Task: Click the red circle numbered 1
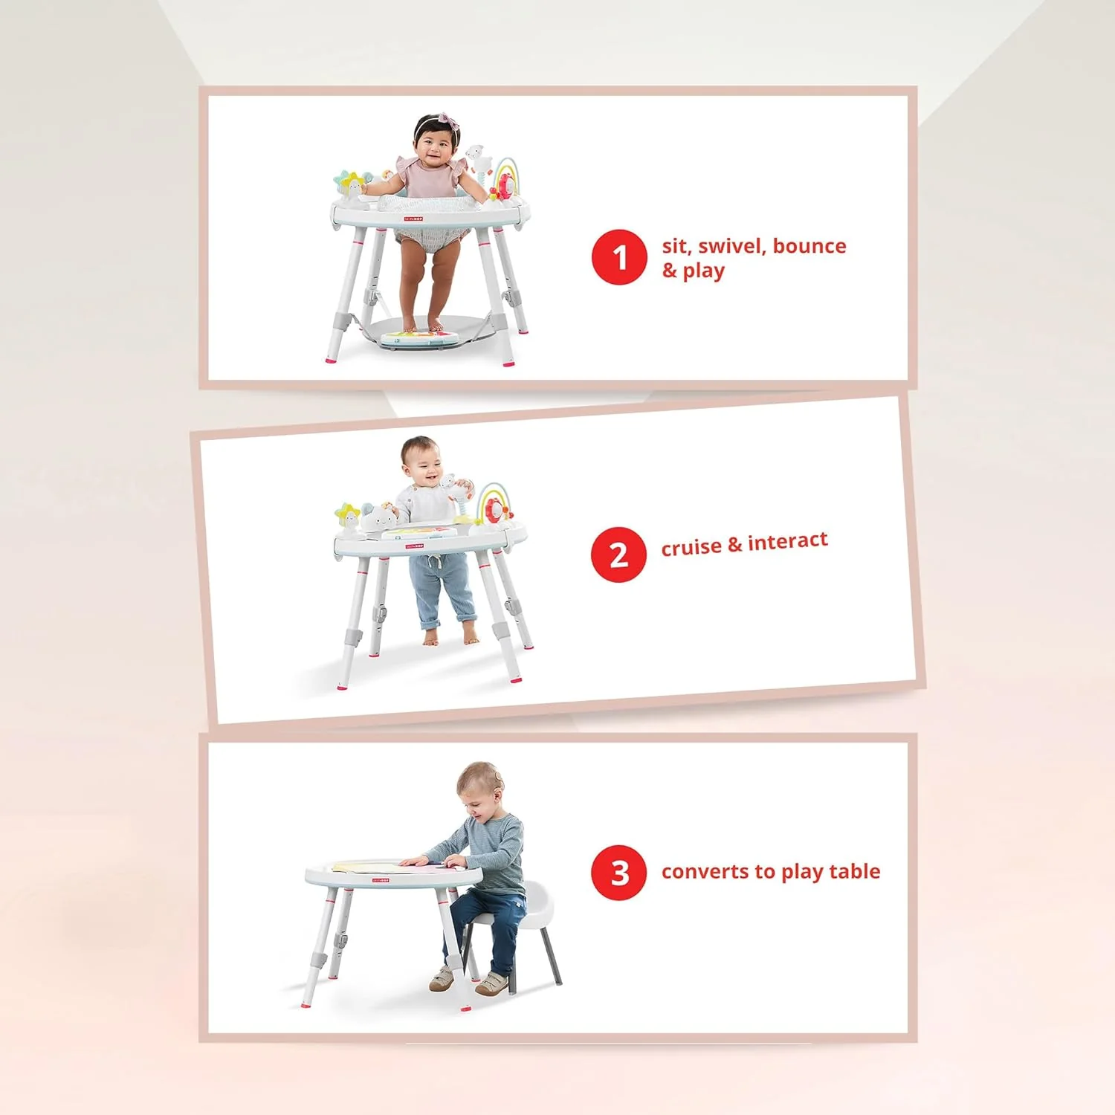click(619, 257)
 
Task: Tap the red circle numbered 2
click(618, 555)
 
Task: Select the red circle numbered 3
click(619, 873)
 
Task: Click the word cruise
click(691, 548)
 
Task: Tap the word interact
click(788, 541)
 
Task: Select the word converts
click(705, 871)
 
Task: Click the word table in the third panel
click(855, 870)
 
